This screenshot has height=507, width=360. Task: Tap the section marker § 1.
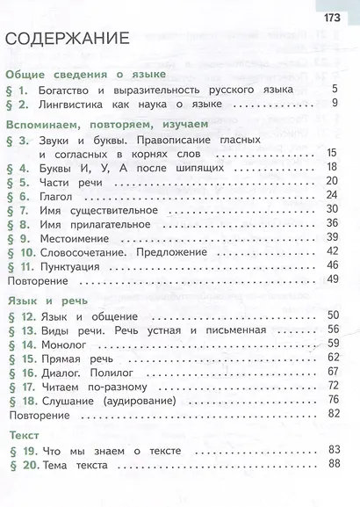pos(19,90)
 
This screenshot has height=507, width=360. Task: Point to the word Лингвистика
pos(75,105)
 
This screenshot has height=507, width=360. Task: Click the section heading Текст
pos(24,435)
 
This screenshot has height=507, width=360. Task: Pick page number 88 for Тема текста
pos(332,465)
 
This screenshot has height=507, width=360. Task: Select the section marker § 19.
pos(22,451)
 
